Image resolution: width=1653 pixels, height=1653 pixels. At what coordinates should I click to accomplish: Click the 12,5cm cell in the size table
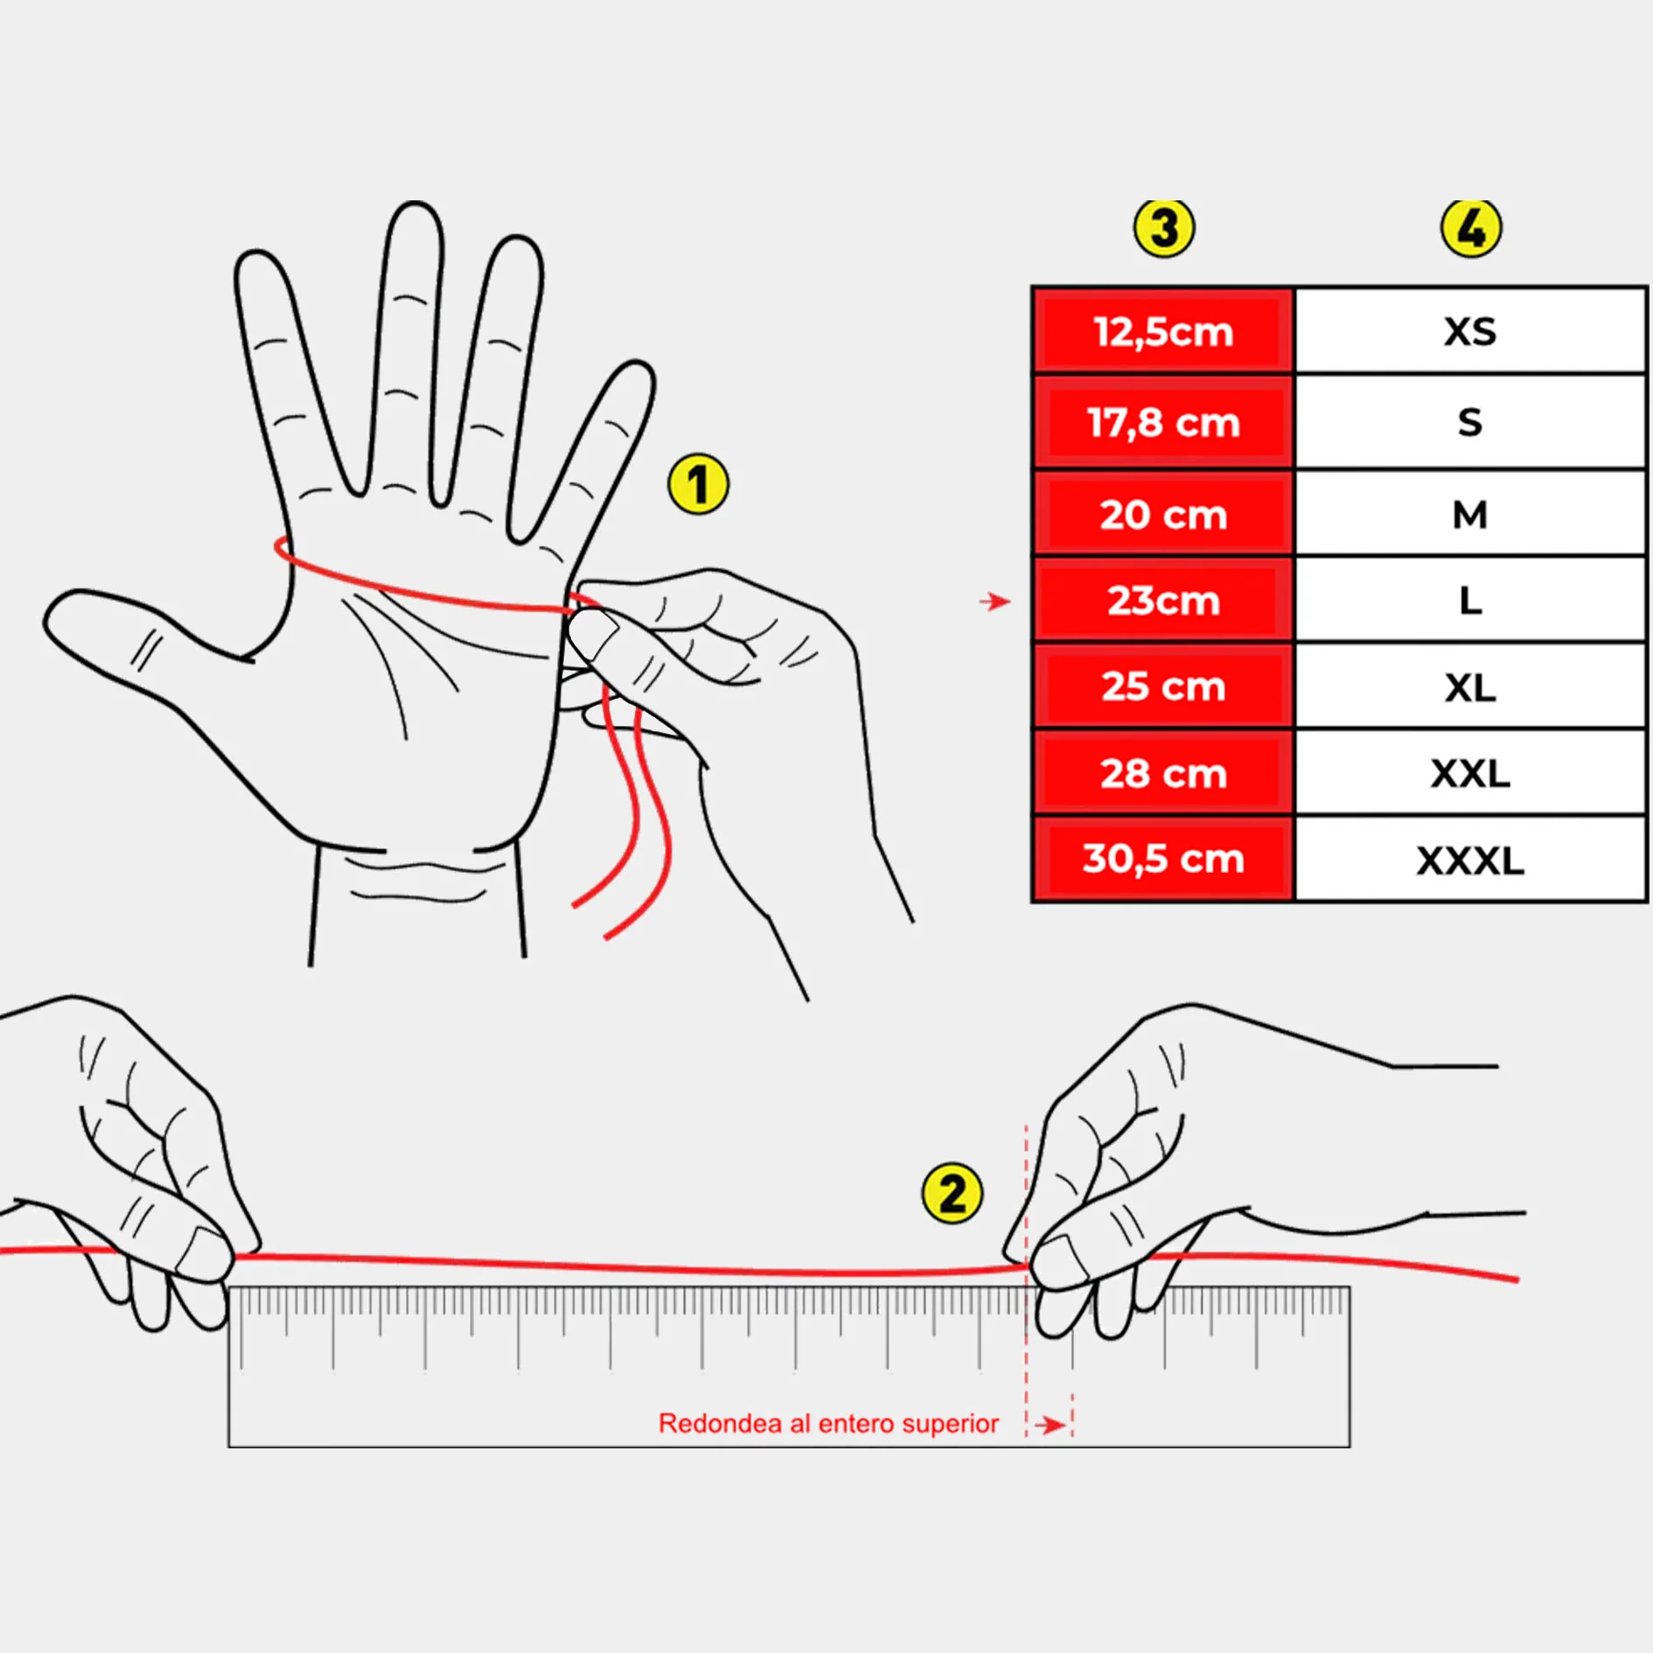coord(1163,331)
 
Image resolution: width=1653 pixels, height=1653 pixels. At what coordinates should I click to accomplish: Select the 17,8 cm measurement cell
coord(1163,422)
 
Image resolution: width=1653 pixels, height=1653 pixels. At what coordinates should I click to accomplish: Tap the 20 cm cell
coord(1163,513)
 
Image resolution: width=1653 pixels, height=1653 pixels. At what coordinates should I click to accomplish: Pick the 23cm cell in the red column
coord(1163,600)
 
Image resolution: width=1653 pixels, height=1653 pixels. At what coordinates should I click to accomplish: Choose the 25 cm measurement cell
coord(1163,687)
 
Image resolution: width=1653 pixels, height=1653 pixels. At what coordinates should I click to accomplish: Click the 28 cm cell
coord(1163,773)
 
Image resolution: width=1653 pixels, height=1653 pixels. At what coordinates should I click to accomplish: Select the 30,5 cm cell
coord(1163,859)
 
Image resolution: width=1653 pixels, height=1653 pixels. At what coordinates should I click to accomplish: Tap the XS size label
coord(1470,331)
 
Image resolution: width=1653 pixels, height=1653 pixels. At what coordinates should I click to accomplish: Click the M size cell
coord(1470,513)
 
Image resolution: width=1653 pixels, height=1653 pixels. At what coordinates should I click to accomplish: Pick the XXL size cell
coord(1470,773)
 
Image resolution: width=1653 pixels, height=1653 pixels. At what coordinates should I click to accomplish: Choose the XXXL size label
coord(1470,861)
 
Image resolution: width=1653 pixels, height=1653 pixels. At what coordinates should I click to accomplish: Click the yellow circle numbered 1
coord(698,484)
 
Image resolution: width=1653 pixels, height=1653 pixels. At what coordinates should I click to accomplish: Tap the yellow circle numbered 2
coord(952,1193)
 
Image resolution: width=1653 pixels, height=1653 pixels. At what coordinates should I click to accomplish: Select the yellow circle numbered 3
coord(1164,227)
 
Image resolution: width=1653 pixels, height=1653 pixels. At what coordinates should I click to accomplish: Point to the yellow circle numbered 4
coord(1471,227)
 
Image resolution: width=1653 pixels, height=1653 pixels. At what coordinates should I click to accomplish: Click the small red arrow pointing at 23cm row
coord(995,602)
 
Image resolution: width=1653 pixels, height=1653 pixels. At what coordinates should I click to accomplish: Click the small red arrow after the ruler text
coord(1050,1426)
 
